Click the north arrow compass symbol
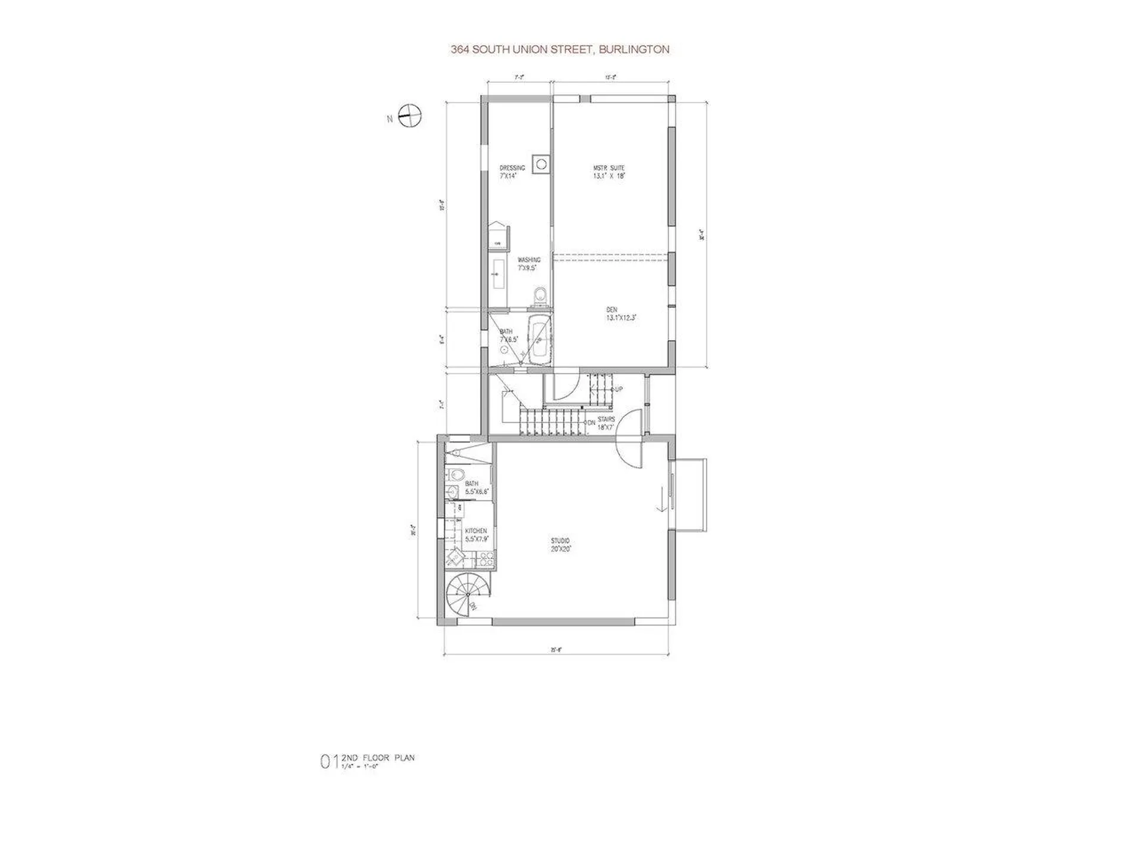pyautogui.click(x=409, y=116)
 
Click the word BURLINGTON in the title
pyautogui.click(x=634, y=50)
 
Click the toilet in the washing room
pyautogui.click(x=539, y=295)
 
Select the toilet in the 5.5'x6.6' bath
pyautogui.click(x=455, y=474)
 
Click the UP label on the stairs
pyautogui.click(x=619, y=390)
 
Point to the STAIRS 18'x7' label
pyautogui.click(x=605, y=423)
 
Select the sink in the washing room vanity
pyautogui.click(x=498, y=275)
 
